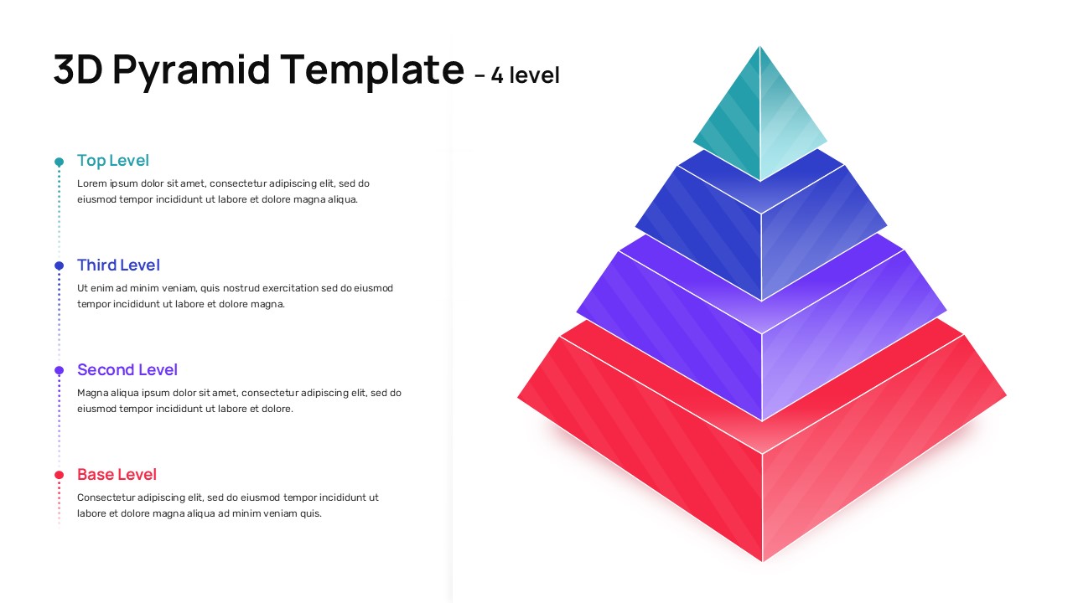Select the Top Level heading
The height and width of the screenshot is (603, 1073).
[113, 161]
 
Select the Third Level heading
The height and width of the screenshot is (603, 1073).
[118, 265]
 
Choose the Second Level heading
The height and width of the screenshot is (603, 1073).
[127, 370]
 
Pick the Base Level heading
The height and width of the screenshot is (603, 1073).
[117, 475]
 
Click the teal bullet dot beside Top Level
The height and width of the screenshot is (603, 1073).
[59, 162]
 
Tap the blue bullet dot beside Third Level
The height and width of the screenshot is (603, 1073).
[59, 265]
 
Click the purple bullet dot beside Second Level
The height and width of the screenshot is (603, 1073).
[59, 370]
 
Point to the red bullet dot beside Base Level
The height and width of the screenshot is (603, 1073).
[59, 475]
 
